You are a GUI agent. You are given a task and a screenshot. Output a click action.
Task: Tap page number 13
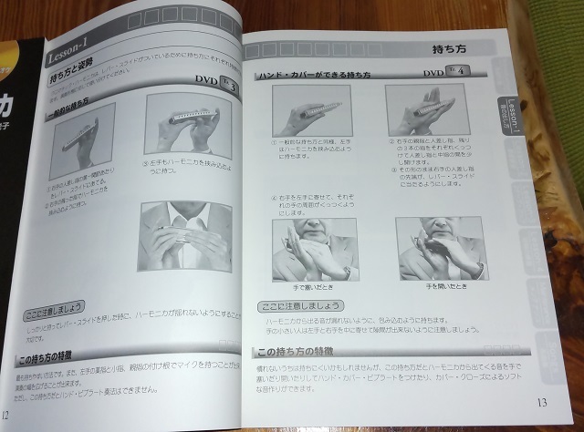click(x=540, y=401)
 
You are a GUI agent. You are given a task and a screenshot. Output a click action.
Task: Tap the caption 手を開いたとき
click(x=437, y=287)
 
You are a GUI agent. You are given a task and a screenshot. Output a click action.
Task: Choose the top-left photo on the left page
click(x=82, y=140)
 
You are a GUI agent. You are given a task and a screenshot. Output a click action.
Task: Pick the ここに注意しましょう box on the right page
click(x=302, y=305)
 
